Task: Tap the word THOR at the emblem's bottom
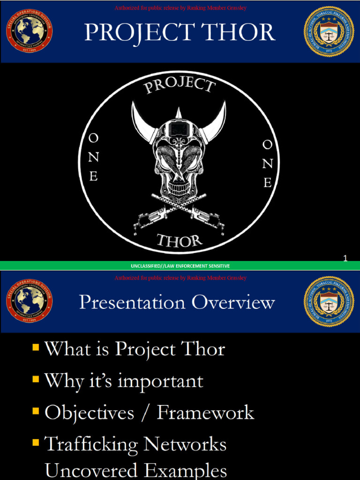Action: click(180, 241)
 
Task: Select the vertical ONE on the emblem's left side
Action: click(94, 157)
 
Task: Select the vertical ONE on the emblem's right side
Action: click(267, 164)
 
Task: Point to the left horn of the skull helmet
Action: click(143, 123)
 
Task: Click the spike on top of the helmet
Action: click(179, 113)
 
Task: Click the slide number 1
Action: click(345, 258)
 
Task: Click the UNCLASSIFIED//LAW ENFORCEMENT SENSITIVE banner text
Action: click(180, 266)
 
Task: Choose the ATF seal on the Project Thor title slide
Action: click(329, 31)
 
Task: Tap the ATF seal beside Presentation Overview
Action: click(329, 302)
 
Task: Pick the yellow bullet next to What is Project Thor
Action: click(36, 348)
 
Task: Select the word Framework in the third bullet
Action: click(205, 412)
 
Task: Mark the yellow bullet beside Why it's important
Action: click(36, 379)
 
